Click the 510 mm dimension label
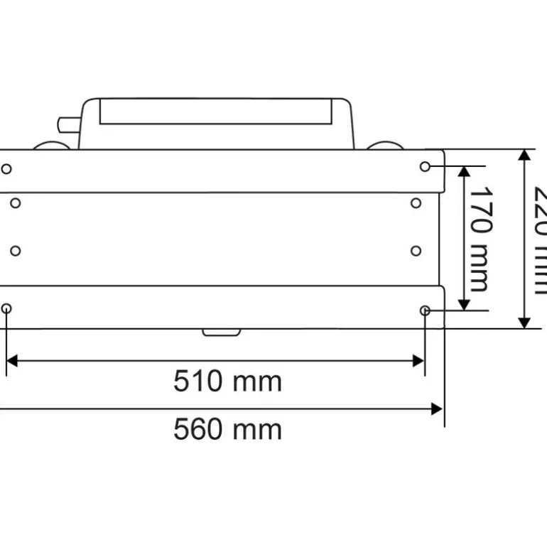pyautogui.click(x=227, y=381)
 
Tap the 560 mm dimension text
pyautogui.click(x=227, y=429)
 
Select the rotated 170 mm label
pyautogui.click(x=480, y=239)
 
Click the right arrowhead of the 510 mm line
pyautogui.click(x=418, y=361)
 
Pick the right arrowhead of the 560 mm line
pyautogui.click(x=437, y=408)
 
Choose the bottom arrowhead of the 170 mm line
pyautogui.click(x=464, y=305)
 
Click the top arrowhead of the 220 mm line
pyautogui.click(x=524, y=155)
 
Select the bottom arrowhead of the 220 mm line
pyautogui.click(x=524, y=323)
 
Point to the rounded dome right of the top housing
pyautogui.click(x=384, y=146)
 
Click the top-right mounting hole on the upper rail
pyautogui.click(x=425, y=166)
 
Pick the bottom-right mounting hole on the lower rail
pyautogui.click(x=425, y=310)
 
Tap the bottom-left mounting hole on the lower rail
pyautogui.click(x=6, y=308)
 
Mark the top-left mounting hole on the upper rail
pyautogui.click(x=6, y=169)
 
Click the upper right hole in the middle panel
pyautogui.click(x=416, y=203)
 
